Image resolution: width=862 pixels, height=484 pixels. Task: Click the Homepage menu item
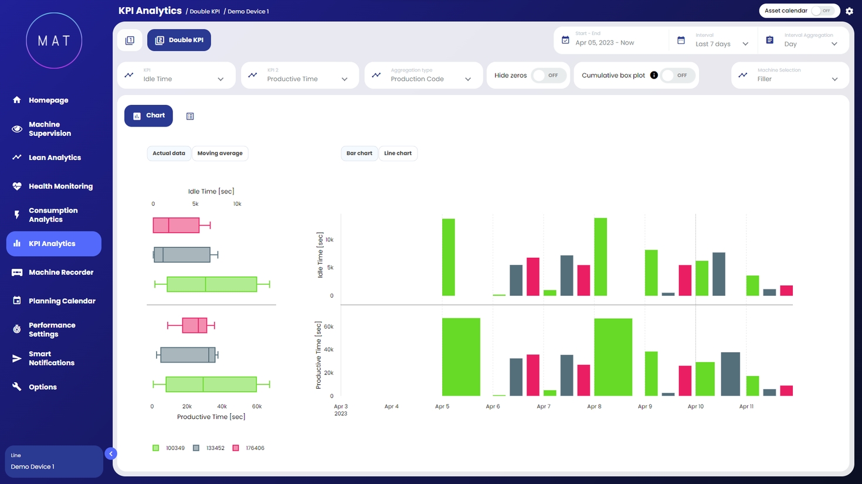(x=48, y=100)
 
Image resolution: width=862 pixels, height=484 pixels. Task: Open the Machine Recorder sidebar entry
(x=60, y=272)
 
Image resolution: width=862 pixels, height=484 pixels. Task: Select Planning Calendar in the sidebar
(x=62, y=301)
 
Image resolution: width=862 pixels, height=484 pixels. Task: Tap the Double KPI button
(x=179, y=40)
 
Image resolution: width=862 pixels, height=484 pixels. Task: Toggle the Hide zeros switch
(x=548, y=76)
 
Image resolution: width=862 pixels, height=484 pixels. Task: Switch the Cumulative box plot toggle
(x=677, y=76)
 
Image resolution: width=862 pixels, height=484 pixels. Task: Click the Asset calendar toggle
(x=823, y=11)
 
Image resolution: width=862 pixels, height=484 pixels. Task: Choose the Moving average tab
(x=220, y=154)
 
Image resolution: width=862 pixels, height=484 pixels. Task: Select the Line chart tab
(x=398, y=154)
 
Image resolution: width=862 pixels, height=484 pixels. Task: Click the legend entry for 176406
(x=249, y=448)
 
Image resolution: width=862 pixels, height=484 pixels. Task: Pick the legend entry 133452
(x=209, y=448)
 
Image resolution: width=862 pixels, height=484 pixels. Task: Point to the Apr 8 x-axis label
(x=594, y=407)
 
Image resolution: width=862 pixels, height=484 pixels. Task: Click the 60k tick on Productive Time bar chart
(x=328, y=327)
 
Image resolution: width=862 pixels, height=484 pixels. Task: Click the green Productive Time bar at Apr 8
(x=613, y=357)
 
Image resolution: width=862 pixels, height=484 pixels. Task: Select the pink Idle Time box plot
(x=176, y=225)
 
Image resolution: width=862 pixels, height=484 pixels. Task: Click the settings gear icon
(x=849, y=11)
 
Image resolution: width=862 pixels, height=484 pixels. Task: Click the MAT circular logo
(x=54, y=40)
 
